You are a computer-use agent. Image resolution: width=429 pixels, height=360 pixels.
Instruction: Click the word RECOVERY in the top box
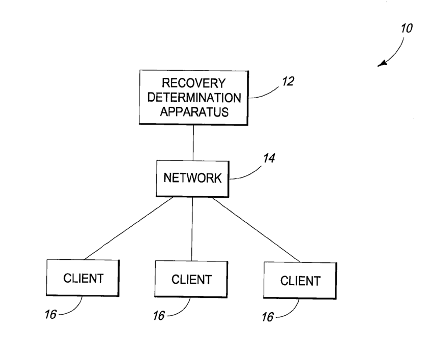[194, 83]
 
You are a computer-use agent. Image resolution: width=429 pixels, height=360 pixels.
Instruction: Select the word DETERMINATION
[194, 98]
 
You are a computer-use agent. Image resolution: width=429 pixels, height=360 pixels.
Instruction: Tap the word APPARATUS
[194, 112]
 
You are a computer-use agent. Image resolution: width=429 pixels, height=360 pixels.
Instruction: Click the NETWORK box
[192, 178]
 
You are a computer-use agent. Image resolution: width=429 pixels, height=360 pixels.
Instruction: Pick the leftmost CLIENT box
[83, 278]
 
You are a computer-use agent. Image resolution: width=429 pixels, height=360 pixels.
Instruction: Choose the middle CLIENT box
[191, 279]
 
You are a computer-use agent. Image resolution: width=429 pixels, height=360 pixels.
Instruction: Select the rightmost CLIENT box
[300, 281]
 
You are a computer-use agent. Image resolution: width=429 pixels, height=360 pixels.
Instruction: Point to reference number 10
[407, 28]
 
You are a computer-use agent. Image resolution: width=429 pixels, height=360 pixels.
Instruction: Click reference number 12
[288, 81]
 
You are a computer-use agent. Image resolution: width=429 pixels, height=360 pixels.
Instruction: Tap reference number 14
[269, 158]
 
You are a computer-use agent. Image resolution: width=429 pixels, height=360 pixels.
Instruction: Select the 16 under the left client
[50, 314]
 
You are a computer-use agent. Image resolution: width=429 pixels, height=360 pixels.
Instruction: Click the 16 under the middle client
[159, 316]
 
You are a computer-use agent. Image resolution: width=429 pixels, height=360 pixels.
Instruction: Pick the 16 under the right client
[268, 317]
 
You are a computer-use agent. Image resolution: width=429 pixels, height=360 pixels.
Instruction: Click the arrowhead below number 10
[382, 64]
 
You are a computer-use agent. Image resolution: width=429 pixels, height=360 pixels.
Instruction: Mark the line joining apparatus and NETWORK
[193, 143]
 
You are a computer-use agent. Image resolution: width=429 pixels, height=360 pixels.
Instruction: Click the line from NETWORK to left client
[129, 228]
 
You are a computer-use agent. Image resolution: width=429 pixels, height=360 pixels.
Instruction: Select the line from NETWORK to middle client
[192, 229]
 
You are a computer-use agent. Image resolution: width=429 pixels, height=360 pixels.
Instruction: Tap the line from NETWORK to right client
[256, 230]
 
